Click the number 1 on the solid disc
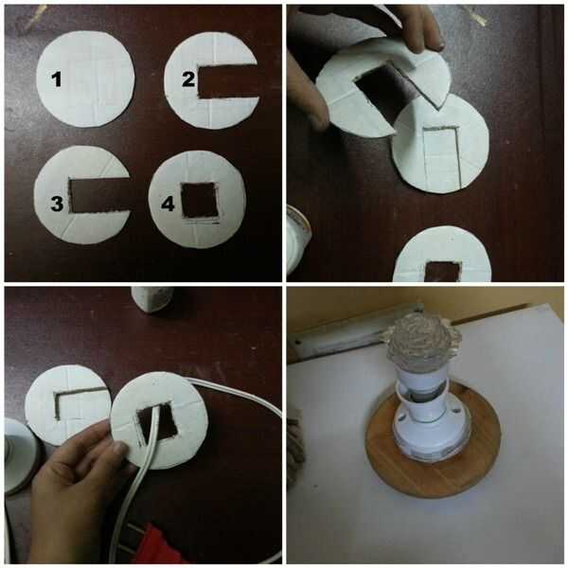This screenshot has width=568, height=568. (x=56, y=80)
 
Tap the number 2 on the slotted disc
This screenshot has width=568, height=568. (x=188, y=80)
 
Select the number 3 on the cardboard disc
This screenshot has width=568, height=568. (x=57, y=204)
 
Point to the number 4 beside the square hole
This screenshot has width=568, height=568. (x=168, y=204)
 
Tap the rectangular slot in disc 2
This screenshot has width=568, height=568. (x=227, y=81)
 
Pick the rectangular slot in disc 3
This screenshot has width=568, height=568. (x=99, y=195)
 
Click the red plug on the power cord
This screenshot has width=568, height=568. (x=156, y=542)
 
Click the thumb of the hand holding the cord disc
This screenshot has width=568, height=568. (x=115, y=449)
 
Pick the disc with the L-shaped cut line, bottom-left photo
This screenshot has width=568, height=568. (x=67, y=405)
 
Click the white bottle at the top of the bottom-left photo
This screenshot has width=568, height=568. (x=152, y=299)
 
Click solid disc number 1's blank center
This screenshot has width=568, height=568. (x=85, y=79)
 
